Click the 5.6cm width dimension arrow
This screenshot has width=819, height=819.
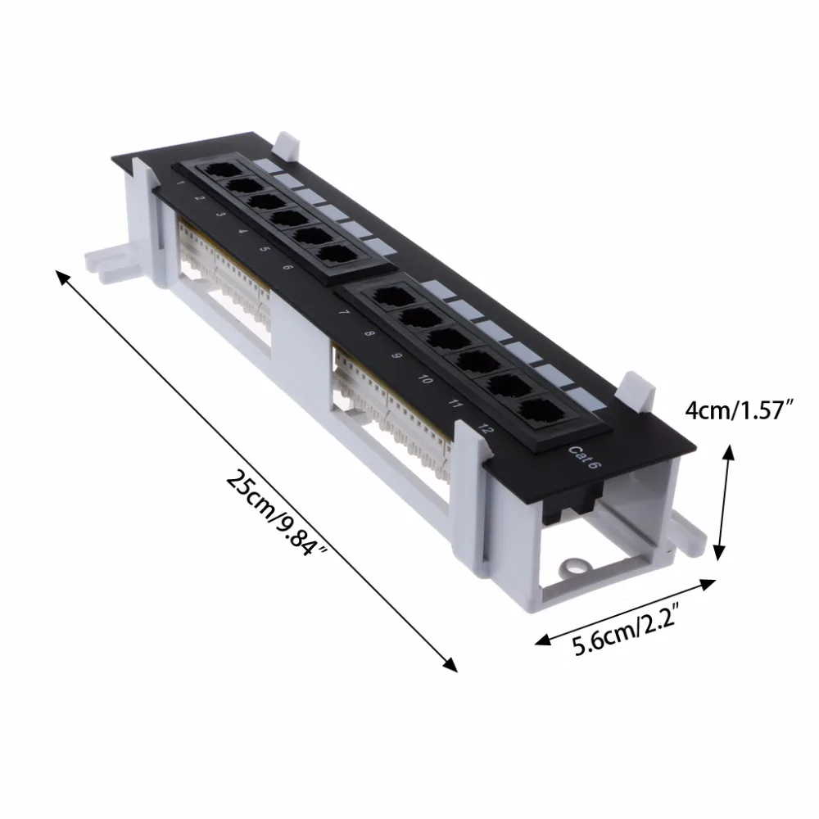624,609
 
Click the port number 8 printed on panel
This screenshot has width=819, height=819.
369,334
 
